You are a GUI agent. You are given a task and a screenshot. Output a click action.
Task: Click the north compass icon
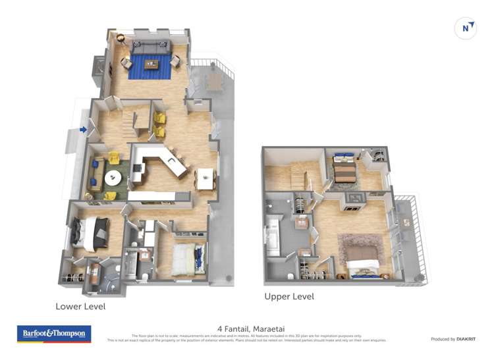point(466,28)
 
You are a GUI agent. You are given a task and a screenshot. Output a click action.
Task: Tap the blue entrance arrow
point(83,130)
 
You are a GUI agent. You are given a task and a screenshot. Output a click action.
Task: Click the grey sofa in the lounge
point(151,47)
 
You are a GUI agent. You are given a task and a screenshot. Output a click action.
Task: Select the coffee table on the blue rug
point(151,64)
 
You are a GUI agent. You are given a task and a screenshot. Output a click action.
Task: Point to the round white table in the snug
point(113,177)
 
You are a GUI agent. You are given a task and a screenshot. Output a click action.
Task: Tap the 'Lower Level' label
point(80,307)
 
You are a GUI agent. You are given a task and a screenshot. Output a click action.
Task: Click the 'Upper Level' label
point(289,297)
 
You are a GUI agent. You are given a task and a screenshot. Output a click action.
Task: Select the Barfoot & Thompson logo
point(54,334)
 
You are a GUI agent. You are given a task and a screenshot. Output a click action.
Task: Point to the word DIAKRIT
point(462,339)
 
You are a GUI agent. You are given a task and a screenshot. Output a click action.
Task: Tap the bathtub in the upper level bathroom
point(273,238)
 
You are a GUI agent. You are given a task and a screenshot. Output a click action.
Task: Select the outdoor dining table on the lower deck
point(213,82)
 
